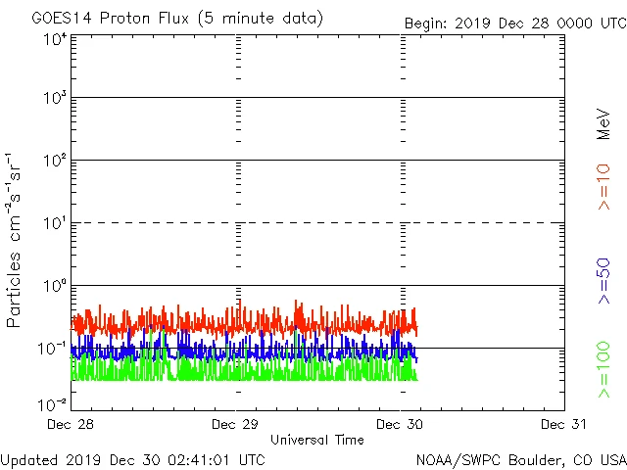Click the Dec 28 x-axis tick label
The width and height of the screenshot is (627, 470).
coord(71,424)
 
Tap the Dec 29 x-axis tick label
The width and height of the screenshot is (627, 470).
coord(235,424)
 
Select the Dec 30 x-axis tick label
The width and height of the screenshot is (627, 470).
coord(400,424)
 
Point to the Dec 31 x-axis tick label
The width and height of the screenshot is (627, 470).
coord(564,424)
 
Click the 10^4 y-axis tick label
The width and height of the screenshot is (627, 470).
coord(54,39)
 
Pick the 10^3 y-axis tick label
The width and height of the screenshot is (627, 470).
coord(54,99)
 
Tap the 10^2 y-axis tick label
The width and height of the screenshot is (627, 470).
coord(54,162)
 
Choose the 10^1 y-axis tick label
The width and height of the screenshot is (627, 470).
coord(54,224)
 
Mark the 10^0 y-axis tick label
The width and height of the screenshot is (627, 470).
coord(54,287)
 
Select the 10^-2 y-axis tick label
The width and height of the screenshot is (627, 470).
coord(52,403)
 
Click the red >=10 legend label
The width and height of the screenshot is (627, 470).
coord(603,186)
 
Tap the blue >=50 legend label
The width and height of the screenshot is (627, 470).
coord(603,281)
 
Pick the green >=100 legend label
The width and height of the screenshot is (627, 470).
coord(603,369)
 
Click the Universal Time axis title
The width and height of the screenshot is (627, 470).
coord(317,440)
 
